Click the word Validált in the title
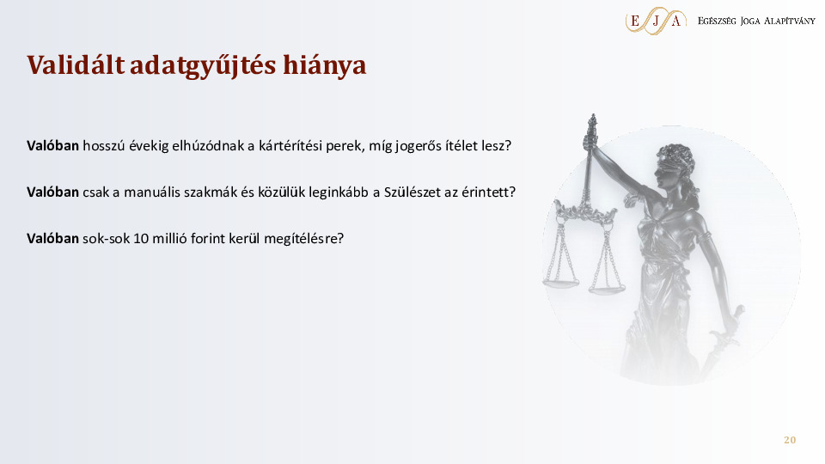click(x=76, y=64)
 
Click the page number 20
click(x=790, y=440)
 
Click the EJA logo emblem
click(x=656, y=21)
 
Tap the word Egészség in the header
click(x=717, y=21)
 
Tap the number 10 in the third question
click(x=141, y=238)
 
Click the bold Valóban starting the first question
click(x=52, y=145)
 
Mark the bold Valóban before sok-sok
click(x=52, y=238)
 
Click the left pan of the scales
click(x=560, y=283)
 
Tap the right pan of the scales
click(x=607, y=288)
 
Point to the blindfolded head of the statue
click(x=675, y=166)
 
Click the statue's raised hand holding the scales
click(x=590, y=141)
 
